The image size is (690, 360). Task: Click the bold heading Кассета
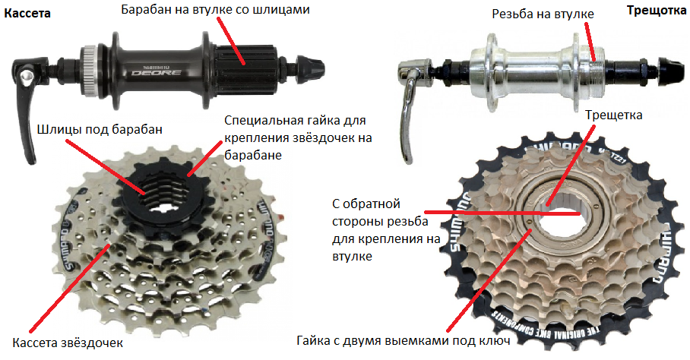27,13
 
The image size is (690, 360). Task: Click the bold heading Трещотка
656,11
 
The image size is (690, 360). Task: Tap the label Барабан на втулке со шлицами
215,9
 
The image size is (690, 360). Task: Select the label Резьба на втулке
543,14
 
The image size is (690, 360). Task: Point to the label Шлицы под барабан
100,129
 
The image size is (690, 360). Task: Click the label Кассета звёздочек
68,343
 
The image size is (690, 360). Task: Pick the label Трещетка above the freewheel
613,115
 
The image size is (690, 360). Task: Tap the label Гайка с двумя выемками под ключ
403,341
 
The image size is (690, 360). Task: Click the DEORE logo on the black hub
157,72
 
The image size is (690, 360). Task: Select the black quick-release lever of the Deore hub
27,101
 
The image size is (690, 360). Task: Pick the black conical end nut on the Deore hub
311,68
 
